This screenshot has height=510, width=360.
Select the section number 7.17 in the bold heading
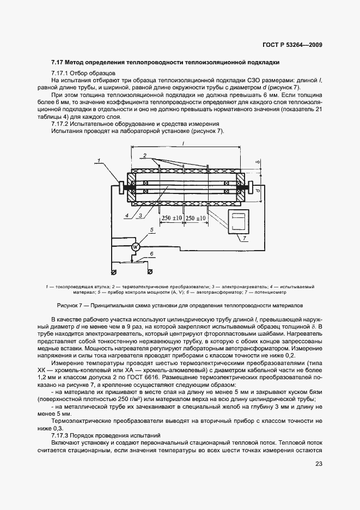tap(58, 63)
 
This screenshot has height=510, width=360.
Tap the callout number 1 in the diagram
tap(100, 160)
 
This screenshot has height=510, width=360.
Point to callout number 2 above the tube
tap(144, 156)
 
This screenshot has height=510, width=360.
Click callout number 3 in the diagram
tap(141, 216)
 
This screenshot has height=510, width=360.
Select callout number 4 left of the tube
tap(126, 216)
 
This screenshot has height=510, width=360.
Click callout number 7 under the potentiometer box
tap(244, 239)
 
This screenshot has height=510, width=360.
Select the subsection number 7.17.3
tap(60, 435)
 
